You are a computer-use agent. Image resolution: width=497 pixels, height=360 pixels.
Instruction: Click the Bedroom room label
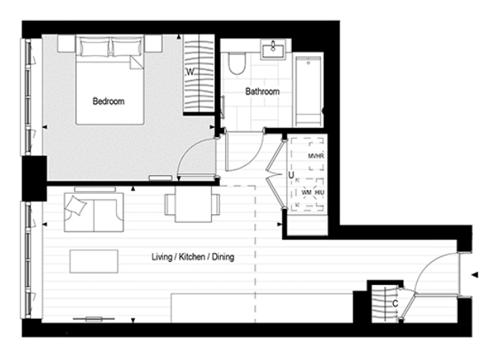[x=109, y=101]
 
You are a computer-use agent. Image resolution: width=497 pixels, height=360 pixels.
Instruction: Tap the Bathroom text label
[x=263, y=91]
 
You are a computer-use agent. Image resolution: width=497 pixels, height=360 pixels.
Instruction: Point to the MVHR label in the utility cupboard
[x=315, y=156]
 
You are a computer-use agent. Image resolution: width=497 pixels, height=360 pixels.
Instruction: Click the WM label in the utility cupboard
[x=306, y=192]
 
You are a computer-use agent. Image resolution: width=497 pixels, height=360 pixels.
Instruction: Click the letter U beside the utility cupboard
[x=290, y=176]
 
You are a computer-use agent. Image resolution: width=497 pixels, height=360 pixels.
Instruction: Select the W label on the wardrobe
[x=191, y=73]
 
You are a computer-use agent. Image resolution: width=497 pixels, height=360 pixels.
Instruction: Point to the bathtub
[x=308, y=91]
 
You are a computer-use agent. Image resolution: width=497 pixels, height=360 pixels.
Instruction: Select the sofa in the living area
[x=94, y=212]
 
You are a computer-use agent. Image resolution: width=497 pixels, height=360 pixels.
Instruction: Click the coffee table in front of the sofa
[x=94, y=261]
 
